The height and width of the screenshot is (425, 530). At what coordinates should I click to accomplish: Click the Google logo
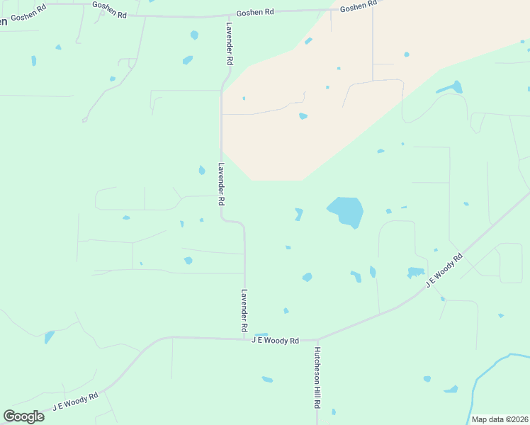[x=23, y=416]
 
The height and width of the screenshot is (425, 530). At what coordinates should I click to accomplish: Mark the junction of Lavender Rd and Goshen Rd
[x=229, y=16]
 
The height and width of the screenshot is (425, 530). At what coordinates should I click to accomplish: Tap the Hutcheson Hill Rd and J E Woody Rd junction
[x=317, y=340]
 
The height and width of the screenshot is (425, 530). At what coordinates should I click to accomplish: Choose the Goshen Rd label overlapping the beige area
[x=359, y=6]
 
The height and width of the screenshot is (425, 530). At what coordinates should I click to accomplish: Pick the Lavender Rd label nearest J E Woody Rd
[x=244, y=310]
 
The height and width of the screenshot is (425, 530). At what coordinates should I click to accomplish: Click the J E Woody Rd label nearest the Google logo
[x=75, y=402]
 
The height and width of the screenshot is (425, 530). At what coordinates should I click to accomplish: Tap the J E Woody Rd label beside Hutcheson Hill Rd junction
[x=276, y=341]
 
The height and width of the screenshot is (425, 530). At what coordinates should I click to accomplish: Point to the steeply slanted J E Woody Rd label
[x=444, y=268]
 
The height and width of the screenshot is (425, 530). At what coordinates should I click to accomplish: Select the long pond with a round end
[x=449, y=89]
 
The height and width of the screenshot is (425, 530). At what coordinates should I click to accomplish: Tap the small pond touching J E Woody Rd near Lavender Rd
[x=261, y=335]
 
